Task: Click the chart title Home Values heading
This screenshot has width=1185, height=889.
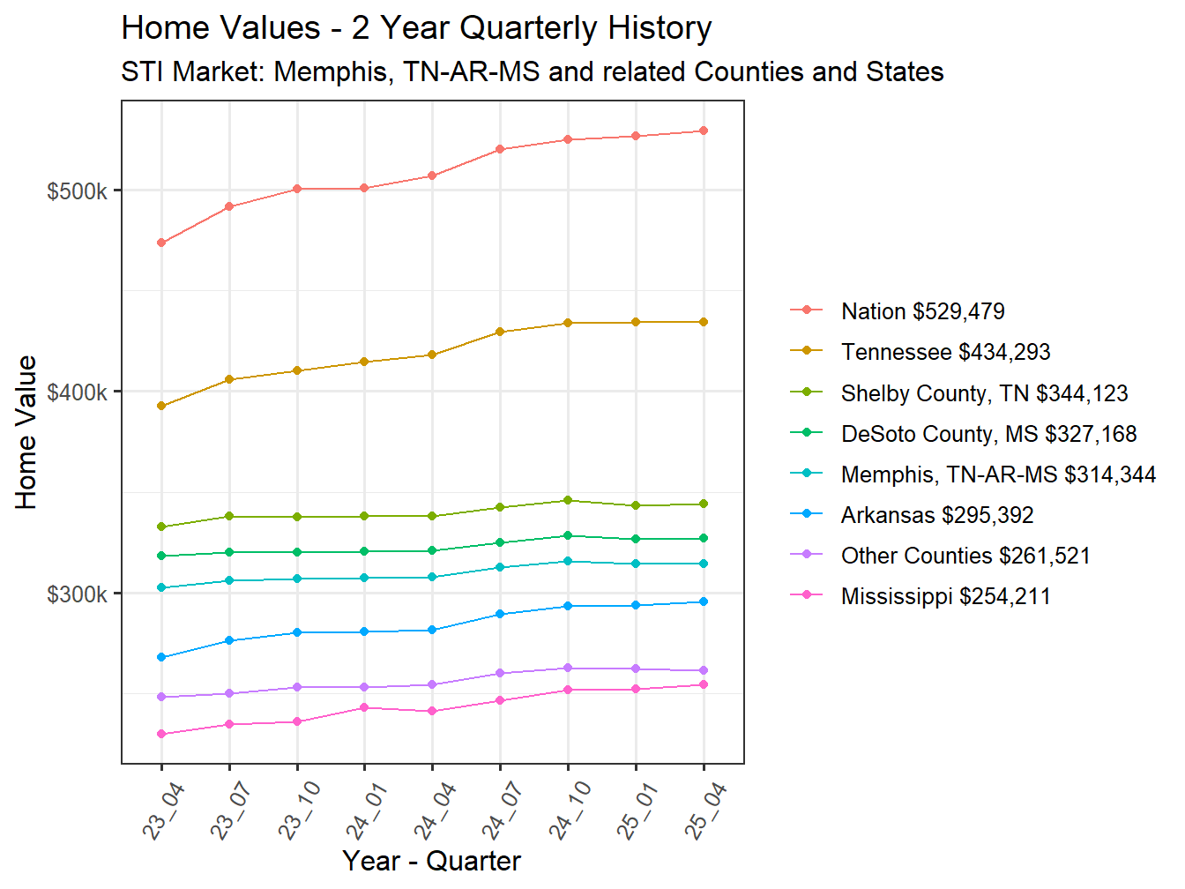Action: pyautogui.click(x=416, y=28)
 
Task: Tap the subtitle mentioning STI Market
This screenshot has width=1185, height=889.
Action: pyautogui.click(x=532, y=71)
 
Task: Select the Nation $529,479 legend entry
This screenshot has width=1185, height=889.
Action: pyautogui.click(x=922, y=311)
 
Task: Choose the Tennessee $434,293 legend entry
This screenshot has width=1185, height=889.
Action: pyautogui.click(x=945, y=352)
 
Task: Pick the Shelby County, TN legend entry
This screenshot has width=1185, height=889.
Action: pyautogui.click(x=984, y=393)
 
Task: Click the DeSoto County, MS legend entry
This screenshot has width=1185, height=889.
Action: pyautogui.click(x=988, y=434)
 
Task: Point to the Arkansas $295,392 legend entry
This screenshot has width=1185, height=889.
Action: pyautogui.click(x=936, y=515)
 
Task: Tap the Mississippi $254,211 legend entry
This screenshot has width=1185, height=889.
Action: pyautogui.click(x=945, y=596)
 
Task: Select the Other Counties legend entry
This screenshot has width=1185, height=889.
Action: pyautogui.click(x=965, y=556)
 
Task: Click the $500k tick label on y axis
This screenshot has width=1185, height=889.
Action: pyautogui.click(x=77, y=191)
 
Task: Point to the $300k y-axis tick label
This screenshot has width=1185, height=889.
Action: pyautogui.click(x=77, y=594)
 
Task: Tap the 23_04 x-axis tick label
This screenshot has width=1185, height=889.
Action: pyautogui.click(x=163, y=811)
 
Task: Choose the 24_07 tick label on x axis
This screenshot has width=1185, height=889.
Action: pyautogui.click(x=502, y=811)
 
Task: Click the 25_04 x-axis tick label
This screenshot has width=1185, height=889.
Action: pyautogui.click(x=705, y=811)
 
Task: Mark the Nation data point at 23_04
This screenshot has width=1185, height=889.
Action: pyautogui.click(x=161, y=243)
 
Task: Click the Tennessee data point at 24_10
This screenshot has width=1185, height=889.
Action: pyautogui.click(x=568, y=323)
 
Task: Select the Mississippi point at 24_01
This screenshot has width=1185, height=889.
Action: pyautogui.click(x=364, y=707)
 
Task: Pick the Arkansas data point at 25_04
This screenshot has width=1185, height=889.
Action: pyautogui.click(x=704, y=601)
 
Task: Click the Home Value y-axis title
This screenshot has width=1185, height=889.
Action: pyautogui.click(x=26, y=432)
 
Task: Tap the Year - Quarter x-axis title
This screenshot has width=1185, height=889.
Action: pyautogui.click(x=431, y=861)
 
